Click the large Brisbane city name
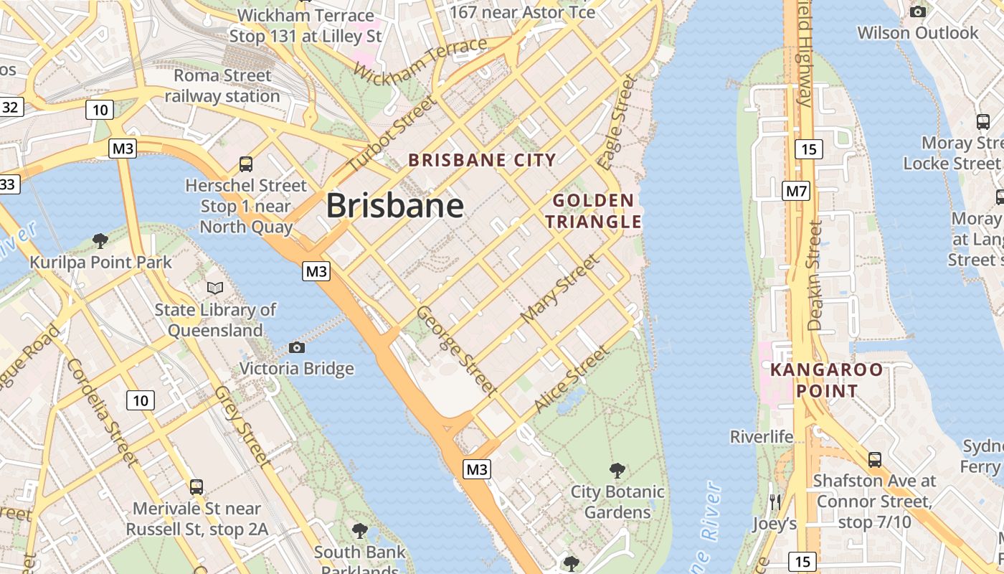pyautogui.click(x=395, y=207)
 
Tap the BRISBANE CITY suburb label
pyautogui.click(x=482, y=160)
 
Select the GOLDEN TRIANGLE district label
pyautogui.click(x=593, y=211)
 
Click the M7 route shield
pyautogui.click(x=796, y=191)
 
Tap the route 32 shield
pyautogui.click(x=9, y=108)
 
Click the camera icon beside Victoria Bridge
pyautogui.click(x=297, y=348)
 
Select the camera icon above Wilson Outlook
pyautogui.click(x=917, y=11)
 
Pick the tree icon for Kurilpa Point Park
pyautogui.click(x=100, y=240)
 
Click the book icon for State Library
pyautogui.click(x=215, y=288)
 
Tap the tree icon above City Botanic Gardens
pyautogui.click(x=617, y=471)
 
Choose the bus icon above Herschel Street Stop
pyautogui.click(x=246, y=164)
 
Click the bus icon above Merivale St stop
pyautogui.click(x=196, y=487)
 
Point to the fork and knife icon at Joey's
pyautogui.click(x=775, y=502)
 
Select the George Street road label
pyautogui.click(x=457, y=351)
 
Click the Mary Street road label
pyautogui.click(x=559, y=288)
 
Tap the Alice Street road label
pyautogui.click(x=572, y=380)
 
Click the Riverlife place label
pyautogui.click(x=762, y=436)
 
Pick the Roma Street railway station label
pyautogui.click(x=222, y=85)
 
